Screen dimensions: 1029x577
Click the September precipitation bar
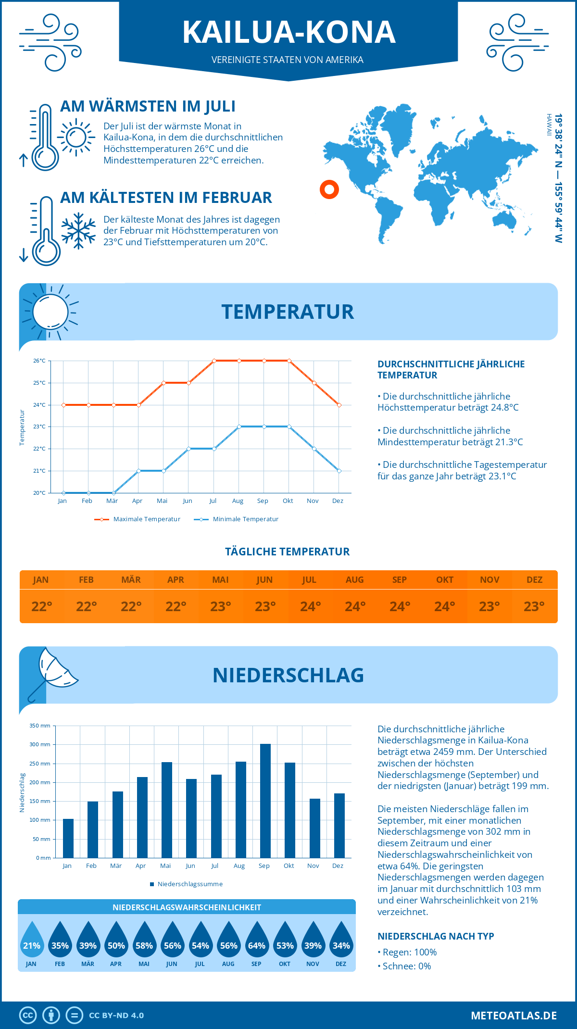[265, 801]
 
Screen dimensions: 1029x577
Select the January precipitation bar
[68, 838]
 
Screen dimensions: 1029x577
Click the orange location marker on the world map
[329, 189]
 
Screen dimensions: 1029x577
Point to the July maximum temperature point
[214, 361]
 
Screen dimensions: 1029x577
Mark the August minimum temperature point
[239, 427]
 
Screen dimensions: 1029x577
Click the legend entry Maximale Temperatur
[137, 519]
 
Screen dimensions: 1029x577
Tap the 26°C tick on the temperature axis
[39, 361]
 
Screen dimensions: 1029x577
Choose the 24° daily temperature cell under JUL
[310, 606]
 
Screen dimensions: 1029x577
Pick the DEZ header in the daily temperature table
[534, 580]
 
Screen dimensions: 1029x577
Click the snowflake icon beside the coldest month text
[78, 231]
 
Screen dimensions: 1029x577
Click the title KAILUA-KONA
[288, 33]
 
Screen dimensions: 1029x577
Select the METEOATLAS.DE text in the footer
[514, 1016]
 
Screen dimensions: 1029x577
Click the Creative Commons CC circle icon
[28, 1016]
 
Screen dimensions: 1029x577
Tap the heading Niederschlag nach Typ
[436, 936]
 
